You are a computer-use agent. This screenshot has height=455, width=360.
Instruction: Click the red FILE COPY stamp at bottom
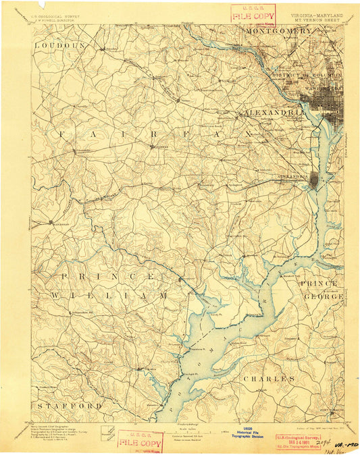(140, 441)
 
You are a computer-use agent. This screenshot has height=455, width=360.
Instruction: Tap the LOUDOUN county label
(61, 45)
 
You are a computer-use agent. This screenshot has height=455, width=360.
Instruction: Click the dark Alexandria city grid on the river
(315, 180)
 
